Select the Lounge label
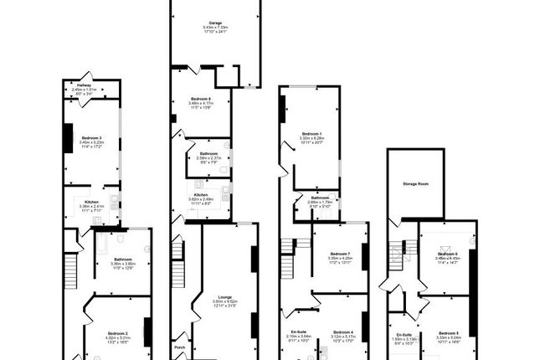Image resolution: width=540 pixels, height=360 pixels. coord(224,296)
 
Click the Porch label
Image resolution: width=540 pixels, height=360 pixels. coord(179,347)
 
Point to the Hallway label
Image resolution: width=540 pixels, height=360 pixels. coord(85,85)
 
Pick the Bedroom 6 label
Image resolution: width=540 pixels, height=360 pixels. coord(447,254)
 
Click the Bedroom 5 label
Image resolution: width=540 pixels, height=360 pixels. coord(448,333)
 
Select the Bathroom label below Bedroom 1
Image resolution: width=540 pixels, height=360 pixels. coord(321,198)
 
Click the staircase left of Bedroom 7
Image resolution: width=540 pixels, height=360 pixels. coord(288,248)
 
